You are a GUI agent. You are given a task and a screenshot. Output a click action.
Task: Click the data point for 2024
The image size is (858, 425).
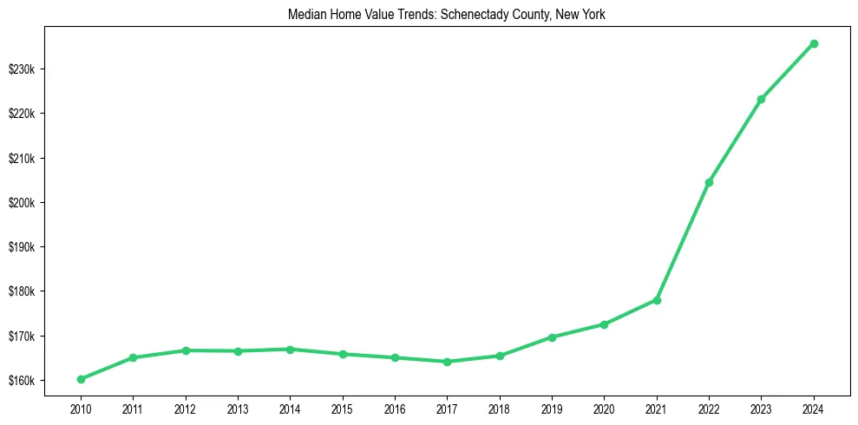814,43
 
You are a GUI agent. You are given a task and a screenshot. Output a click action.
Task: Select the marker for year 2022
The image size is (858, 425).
709,182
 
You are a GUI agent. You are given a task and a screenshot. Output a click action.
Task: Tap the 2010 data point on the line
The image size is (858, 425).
81,379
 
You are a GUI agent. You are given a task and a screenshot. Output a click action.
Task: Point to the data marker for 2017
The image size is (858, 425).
447,362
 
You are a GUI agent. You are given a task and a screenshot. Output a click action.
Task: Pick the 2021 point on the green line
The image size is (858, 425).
657,300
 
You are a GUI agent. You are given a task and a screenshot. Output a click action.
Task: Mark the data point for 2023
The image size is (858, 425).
761,99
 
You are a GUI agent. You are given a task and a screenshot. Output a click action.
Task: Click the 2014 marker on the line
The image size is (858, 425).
290,350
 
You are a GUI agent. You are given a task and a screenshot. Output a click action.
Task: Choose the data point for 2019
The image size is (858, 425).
552,337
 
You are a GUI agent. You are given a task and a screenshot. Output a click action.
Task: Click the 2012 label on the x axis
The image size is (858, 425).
185,408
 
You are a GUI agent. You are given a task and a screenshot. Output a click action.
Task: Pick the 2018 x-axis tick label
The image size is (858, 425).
500,408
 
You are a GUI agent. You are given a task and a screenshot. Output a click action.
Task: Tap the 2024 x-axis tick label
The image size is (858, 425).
814,408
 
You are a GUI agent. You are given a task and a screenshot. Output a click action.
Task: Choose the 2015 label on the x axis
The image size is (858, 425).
343,408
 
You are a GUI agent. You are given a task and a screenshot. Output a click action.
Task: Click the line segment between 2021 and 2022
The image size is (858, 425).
683,241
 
